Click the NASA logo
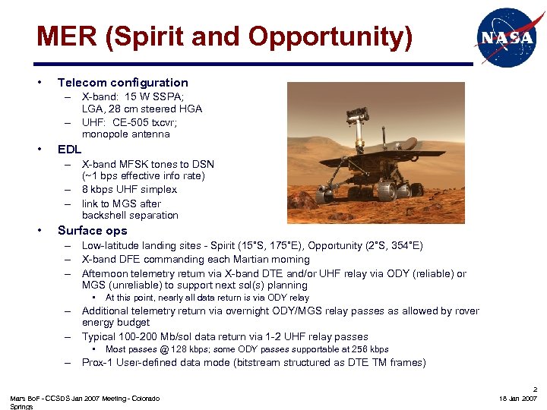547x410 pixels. [x=504, y=37]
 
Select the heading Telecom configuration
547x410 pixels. [x=122, y=82]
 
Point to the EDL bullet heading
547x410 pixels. [x=69, y=149]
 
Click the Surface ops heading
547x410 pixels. [x=92, y=230]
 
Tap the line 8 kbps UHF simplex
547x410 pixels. [x=128, y=189]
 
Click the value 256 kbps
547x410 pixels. [x=368, y=349]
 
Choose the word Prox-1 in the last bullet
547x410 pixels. [x=98, y=362]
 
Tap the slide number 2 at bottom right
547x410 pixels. [x=534, y=387]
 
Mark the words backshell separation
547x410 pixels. [x=130, y=215]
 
